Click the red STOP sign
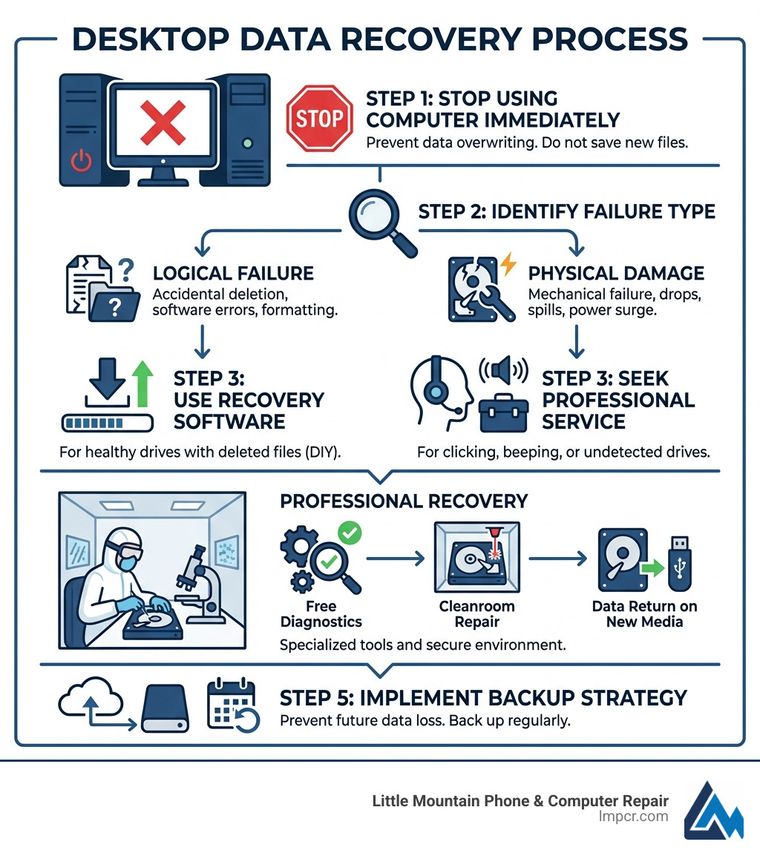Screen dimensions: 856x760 tap(319, 118)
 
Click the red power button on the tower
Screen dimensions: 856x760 tap(81, 159)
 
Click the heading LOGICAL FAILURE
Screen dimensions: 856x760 tap(232, 273)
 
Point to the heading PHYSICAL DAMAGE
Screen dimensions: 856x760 tap(616, 273)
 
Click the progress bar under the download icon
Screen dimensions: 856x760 tap(107, 423)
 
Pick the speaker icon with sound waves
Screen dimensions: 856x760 tap(502, 369)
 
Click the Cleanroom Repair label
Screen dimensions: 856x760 tap(476, 613)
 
